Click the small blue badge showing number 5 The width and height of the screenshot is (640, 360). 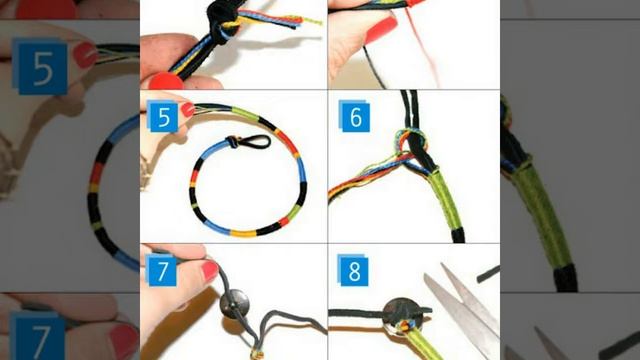pyautogui.click(x=163, y=116)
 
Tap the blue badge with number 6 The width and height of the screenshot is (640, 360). pyautogui.click(x=354, y=117)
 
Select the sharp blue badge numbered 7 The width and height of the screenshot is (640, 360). pyautogui.click(x=162, y=270)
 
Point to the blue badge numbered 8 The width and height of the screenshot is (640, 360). pyautogui.click(x=353, y=270)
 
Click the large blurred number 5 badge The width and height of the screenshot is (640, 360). pyautogui.click(x=40, y=67)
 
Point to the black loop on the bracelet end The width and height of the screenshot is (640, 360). pyautogui.click(x=252, y=142)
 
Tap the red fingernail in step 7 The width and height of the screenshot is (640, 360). pyautogui.click(x=210, y=271)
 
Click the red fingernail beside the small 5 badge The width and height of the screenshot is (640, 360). pyautogui.click(x=188, y=109)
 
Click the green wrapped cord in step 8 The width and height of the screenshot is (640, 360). pyautogui.click(x=420, y=343)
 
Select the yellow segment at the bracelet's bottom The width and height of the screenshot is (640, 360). pyautogui.click(x=243, y=233)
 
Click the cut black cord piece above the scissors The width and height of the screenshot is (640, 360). pyautogui.click(x=488, y=274)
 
